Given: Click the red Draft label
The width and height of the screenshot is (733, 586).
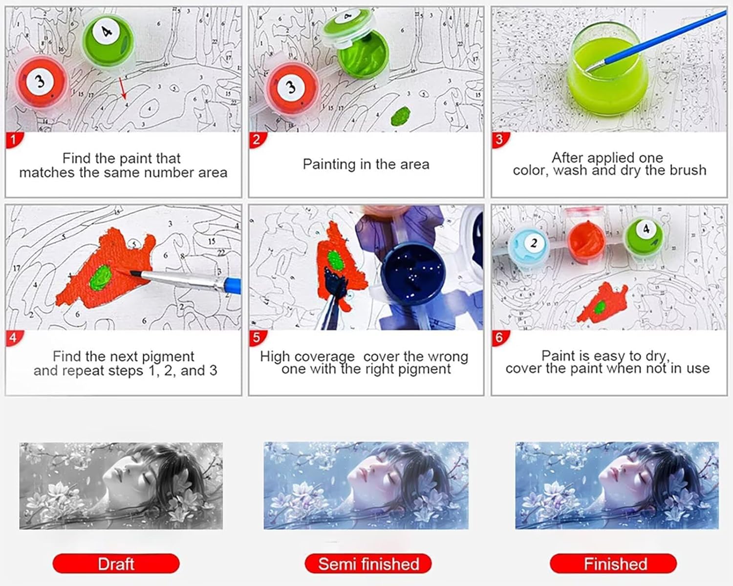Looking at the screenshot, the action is (x=116, y=564).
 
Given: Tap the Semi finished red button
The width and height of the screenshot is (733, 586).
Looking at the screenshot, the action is (x=368, y=564).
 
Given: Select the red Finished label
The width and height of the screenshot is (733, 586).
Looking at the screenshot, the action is (x=613, y=564).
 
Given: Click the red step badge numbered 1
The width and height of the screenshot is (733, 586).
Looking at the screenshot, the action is (x=14, y=140).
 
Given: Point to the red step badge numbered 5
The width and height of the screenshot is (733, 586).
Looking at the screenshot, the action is (x=257, y=338).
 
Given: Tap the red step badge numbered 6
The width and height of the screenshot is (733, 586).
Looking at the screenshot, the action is (x=500, y=338).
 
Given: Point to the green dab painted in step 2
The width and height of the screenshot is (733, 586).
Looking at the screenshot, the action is (x=401, y=116).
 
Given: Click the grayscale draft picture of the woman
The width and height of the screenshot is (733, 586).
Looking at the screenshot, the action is (x=121, y=486).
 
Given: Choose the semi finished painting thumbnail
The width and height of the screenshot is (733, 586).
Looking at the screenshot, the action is (x=366, y=485).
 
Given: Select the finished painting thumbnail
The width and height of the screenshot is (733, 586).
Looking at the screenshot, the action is (x=617, y=485).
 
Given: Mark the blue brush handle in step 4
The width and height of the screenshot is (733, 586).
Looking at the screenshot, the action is (x=233, y=285).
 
